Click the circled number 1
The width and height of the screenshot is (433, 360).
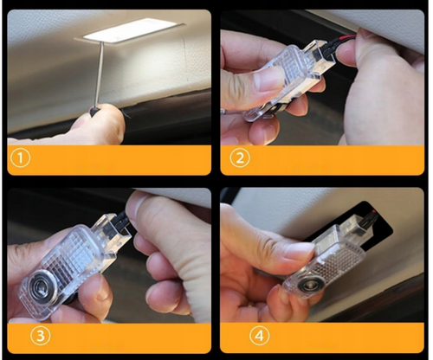click(x=20, y=158)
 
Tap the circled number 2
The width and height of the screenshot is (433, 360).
click(x=240, y=158)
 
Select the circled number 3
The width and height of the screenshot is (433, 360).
click(x=41, y=336)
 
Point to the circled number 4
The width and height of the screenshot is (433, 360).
click(x=260, y=336)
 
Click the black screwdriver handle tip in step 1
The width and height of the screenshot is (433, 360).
click(x=94, y=111)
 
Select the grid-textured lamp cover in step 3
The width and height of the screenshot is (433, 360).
click(x=75, y=254)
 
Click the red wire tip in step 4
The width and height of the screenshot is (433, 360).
click(x=374, y=212)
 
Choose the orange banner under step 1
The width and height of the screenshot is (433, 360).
click(x=109, y=160)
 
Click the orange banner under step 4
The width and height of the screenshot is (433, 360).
click(x=322, y=337)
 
